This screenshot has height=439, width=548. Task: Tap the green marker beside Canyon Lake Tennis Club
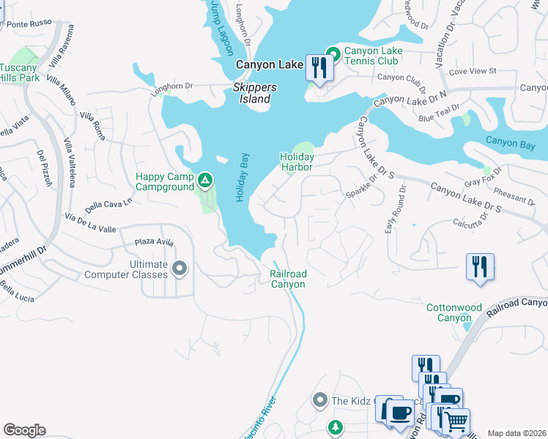click(x=333, y=53)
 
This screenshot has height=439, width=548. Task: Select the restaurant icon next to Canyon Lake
click(x=319, y=69)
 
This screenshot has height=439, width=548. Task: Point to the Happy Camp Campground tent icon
click(x=206, y=179)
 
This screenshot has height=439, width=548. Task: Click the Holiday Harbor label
click(x=297, y=162)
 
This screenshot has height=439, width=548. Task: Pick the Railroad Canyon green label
click(x=288, y=279)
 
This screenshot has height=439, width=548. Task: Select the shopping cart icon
click(x=456, y=422)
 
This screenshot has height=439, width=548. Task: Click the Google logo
click(x=24, y=430)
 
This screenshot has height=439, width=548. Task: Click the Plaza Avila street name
click(x=154, y=242)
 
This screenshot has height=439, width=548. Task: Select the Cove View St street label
click(x=473, y=72)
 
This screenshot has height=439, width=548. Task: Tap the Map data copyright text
click(x=516, y=433)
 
